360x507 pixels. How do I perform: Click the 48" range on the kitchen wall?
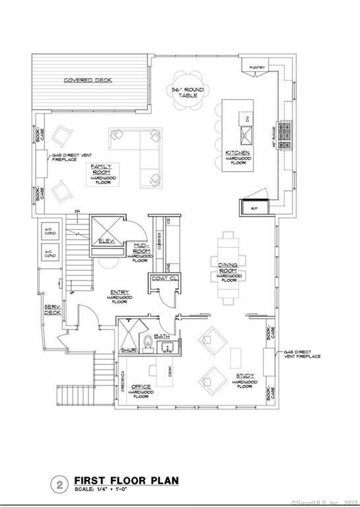click(x=286, y=135)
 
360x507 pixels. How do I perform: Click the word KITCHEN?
click(x=237, y=153)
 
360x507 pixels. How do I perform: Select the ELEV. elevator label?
click(x=107, y=242)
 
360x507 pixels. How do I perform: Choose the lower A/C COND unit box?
click(x=49, y=253)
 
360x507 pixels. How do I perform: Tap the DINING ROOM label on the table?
click(x=229, y=268)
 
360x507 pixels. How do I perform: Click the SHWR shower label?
click(x=128, y=350)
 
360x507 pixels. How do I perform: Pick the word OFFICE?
click(x=141, y=387)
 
